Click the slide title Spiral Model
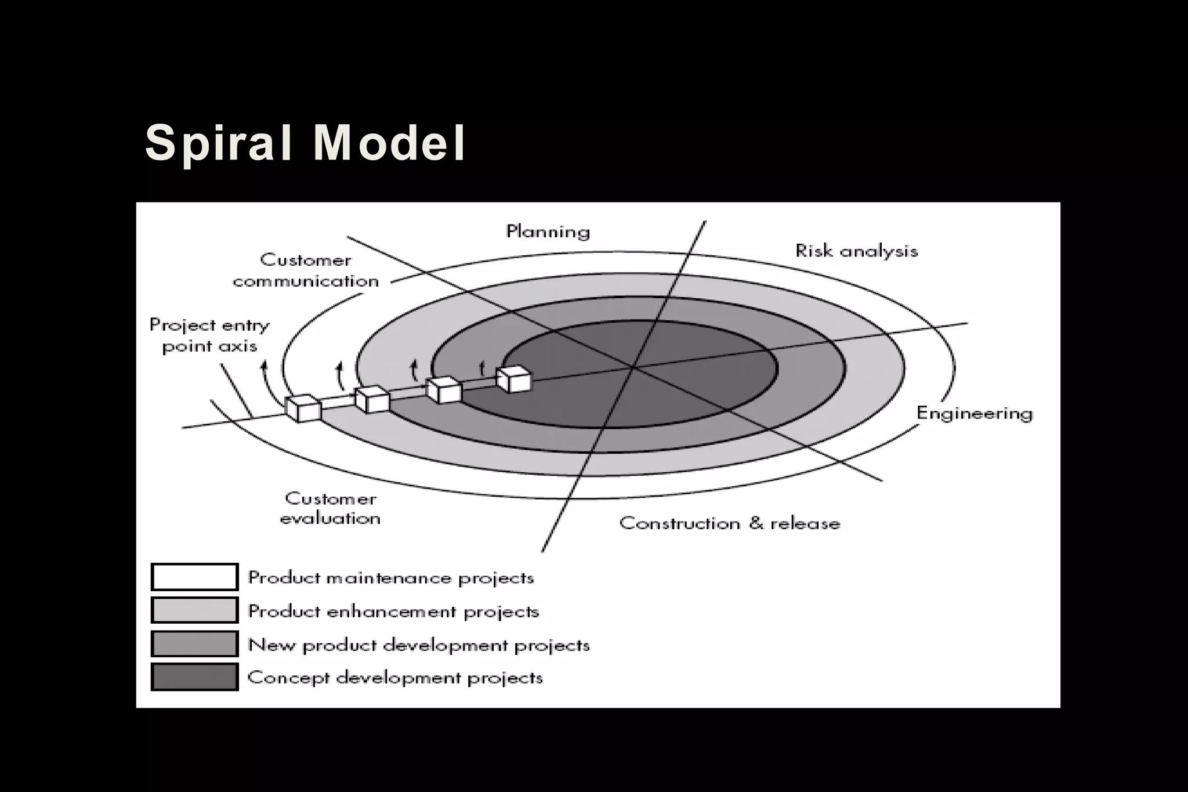pos(305,143)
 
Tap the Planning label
pos(548,232)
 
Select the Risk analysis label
pos(856,251)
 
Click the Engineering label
pos(975,413)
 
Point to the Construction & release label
pos(730,523)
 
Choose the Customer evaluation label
pos(330,508)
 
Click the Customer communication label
pos(306,270)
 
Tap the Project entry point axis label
pos(209,335)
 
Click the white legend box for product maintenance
pos(194,577)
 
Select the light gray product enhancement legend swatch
pos(194,610)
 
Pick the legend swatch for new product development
pos(194,644)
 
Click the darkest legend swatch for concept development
pos(194,677)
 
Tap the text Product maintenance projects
pos(391,578)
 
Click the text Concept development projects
pos(395,678)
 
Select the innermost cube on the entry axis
pos(514,379)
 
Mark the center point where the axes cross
pos(632,367)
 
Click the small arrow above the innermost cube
pos(481,367)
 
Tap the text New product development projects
pos(419,645)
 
